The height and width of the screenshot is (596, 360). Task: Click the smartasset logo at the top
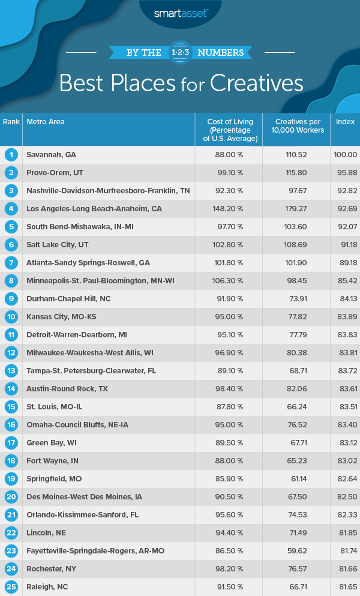pos(180,11)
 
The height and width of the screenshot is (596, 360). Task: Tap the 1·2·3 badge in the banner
pos(179,52)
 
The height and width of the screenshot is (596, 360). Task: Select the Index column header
pos(345,122)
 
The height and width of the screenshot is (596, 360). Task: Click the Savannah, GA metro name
pos(52,155)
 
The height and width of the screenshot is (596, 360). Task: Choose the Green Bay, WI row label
pos(52,443)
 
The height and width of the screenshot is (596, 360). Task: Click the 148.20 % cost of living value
pos(229,209)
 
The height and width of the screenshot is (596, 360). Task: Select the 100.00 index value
pos(345,155)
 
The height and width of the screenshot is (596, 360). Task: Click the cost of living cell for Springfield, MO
pos(229,479)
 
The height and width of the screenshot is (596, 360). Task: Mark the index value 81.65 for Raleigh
pos(345,587)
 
